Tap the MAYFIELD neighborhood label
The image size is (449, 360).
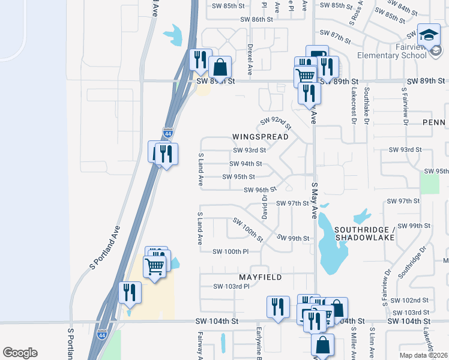pos(261,278)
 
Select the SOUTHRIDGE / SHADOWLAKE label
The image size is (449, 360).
pos(364,233)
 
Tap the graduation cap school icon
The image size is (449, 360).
pos(429,35)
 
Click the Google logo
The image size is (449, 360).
pos(20,353)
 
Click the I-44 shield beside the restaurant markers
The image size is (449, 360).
pos(168,133)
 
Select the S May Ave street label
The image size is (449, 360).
pos(313,202)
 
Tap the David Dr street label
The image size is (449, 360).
pos(264,205)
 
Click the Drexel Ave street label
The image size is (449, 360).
pos(250,58)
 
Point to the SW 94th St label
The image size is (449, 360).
pos(246,164)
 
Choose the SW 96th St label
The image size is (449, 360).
pos(259,190)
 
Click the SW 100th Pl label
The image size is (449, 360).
pos(231,251)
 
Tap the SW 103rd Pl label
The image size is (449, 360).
pos(231,287)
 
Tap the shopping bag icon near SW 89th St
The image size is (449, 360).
pos(220,67)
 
